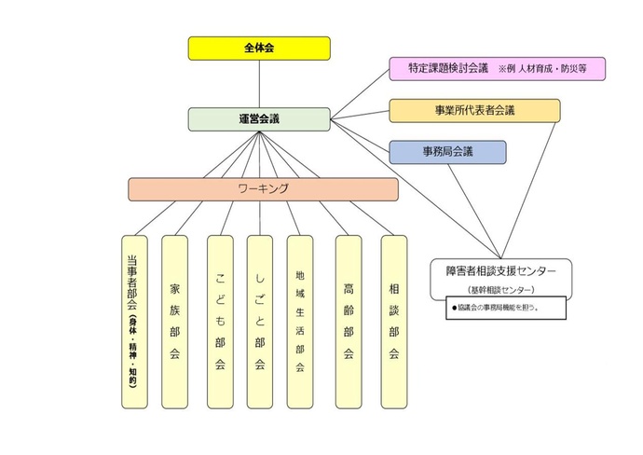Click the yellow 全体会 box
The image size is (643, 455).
point(259,48)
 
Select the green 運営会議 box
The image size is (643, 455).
point(259,118)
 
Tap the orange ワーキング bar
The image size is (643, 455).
point(263,188)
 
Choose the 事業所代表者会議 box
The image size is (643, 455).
point(474,110)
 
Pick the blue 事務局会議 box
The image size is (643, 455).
point(447,152)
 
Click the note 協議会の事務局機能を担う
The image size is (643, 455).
point(499,306)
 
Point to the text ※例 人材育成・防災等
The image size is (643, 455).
point(549,68)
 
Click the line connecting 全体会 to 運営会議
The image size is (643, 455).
point(259,84)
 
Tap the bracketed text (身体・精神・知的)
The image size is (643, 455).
point(134,349)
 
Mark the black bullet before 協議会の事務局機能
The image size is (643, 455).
point(454,306)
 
